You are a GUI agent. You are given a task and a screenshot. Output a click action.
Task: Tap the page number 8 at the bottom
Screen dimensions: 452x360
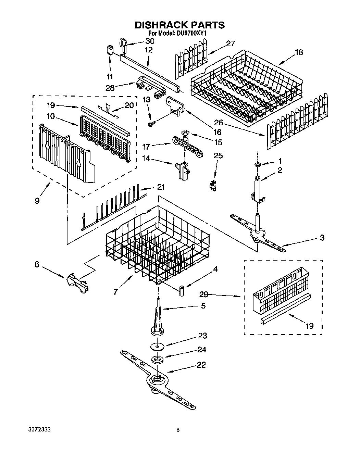coord(177,430)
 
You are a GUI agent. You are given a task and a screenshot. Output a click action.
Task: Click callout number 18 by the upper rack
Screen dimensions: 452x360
coord(299,52)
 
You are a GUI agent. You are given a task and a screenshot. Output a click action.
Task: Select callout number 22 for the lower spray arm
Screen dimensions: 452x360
coord(201,365)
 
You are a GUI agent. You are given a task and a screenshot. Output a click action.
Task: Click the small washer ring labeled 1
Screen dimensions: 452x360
coord(257,165)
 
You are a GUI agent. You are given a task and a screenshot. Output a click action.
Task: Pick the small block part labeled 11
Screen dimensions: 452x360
coord(110,50)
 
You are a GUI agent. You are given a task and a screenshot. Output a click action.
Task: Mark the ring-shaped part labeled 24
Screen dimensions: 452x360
coord(157,360)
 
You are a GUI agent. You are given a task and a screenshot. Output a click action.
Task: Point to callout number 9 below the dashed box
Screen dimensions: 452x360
coord(37,201)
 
